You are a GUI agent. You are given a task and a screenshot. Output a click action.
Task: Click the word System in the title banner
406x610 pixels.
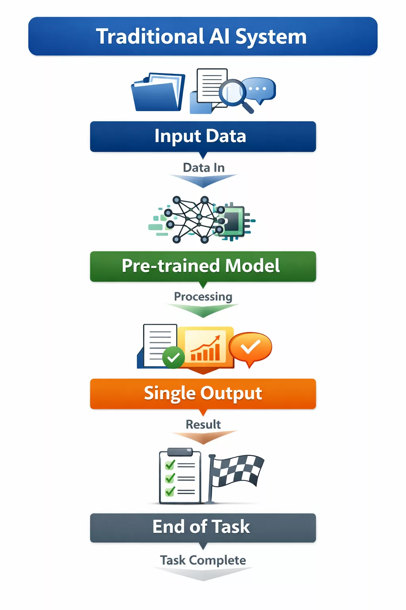click(x=271, y=37)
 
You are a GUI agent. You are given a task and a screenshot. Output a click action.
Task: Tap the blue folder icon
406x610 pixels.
click(x=158, y=93)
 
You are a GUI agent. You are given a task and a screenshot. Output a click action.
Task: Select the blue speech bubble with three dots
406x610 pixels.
click(x=260, y=89)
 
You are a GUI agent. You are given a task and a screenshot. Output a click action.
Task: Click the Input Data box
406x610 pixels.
click(x=203, y=136)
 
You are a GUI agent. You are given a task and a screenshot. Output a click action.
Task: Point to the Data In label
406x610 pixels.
click(x=203, y=168)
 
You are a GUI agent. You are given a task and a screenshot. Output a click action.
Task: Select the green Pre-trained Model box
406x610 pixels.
click(x=203, y=266)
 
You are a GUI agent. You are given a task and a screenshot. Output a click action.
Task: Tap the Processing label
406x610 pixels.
click(x=203, y=297)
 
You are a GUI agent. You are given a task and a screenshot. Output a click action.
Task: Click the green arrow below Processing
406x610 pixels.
click(x=203, y=310)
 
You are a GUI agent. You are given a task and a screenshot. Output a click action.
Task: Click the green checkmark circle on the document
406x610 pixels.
click(x=173, y=357)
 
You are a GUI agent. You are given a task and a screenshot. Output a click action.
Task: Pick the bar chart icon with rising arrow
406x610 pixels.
click(x=205, y=347)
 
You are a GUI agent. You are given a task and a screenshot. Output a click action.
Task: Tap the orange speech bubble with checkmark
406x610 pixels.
click(x=250, y=347)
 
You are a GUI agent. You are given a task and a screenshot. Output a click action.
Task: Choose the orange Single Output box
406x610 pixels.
click(x=203, y=394)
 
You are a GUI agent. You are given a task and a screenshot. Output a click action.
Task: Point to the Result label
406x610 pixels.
click(x=203, y=424)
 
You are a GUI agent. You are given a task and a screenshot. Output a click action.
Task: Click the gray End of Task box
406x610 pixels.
click(x=203, y=527)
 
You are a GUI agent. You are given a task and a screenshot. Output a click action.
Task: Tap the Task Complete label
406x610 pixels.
click(x=203, y=560)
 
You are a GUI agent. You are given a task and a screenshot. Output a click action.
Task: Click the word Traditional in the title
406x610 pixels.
click(x=150, y=37)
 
